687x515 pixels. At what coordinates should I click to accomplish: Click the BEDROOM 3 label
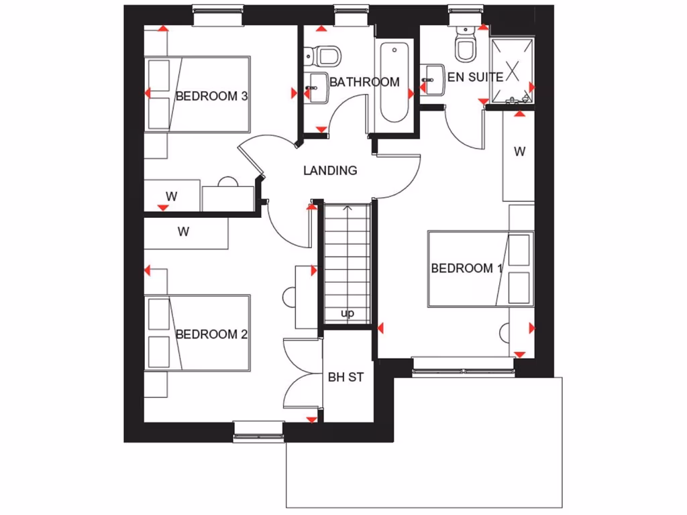coord(211,96)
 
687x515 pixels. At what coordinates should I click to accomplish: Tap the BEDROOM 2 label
coord(211,334)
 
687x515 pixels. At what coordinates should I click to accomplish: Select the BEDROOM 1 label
coord(467,268)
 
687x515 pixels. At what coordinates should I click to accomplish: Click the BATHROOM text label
coord(364,82)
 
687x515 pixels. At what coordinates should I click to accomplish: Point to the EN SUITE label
coord(475,77)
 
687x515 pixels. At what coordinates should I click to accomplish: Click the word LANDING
coord(330,170)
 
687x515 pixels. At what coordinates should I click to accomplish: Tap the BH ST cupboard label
coord(346,378)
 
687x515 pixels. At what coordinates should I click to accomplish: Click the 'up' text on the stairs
coord(348,313)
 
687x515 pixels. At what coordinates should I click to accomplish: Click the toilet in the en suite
coord(464,45)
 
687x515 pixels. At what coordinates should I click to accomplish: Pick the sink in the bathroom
coord(316,86)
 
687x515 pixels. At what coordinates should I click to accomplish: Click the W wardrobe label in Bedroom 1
coord(519,152)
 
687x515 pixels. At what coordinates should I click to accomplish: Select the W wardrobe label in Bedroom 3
coord(171,196)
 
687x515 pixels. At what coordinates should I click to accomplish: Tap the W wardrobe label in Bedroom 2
coord(183,232)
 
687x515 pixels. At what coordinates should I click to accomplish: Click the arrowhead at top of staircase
coord(348,209)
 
